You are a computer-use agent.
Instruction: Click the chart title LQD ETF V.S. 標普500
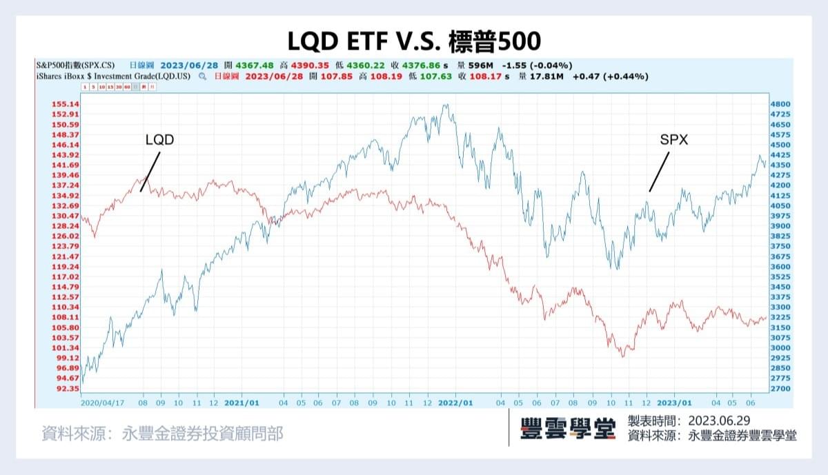click(x=414, y=40)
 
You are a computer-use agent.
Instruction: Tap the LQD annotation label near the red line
click(x=159, y=140)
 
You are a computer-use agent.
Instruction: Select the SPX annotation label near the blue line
click(x=674, y=140)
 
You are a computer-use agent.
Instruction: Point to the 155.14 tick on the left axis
click(x=65, y=104)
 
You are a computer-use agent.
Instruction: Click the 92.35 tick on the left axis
click(x=65, y=389)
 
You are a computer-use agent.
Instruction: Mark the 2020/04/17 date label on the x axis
click(x=103, y=402)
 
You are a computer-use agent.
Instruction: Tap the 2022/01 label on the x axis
click(x=456, y=402)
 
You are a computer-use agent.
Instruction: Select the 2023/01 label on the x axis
click(x=674, y=402)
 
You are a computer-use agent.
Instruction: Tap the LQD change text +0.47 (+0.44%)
click(x=610, y=77)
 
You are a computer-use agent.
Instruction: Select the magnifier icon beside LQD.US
click(x=202, y=77)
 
